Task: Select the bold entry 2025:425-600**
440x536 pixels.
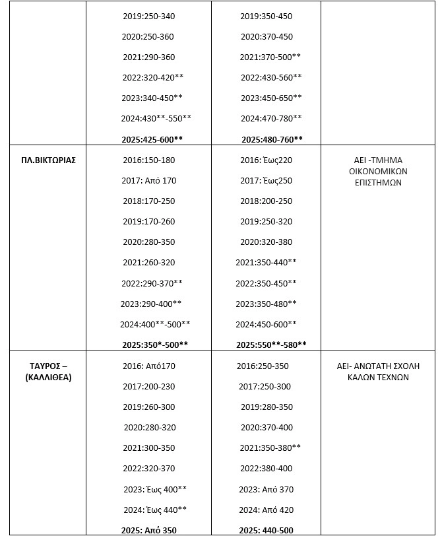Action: click(x=152, y=139)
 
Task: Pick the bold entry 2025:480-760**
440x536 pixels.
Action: click(x=272, y=139)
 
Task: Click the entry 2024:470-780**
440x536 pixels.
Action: click(x=271, y=119)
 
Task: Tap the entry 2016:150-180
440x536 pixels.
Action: click(x=149, y=160)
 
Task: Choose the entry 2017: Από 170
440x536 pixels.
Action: click(x=149, y=181)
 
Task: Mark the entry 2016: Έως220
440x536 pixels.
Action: click(x=266, y=160)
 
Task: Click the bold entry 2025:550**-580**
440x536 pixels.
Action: click(x=272, y=345)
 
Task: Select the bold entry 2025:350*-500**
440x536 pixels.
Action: click(x=155, y=345)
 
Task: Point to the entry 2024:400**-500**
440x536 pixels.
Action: click(x=155, y=324)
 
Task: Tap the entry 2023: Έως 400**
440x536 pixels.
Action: click(x=155, y=489)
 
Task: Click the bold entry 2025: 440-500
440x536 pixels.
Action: click(x=267, y=530)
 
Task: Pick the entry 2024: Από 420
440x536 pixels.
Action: click(x=267, y=510)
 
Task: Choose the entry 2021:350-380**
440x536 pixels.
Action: click(x=270, y=448)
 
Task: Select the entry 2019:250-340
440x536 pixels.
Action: click(x=149, y=16)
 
